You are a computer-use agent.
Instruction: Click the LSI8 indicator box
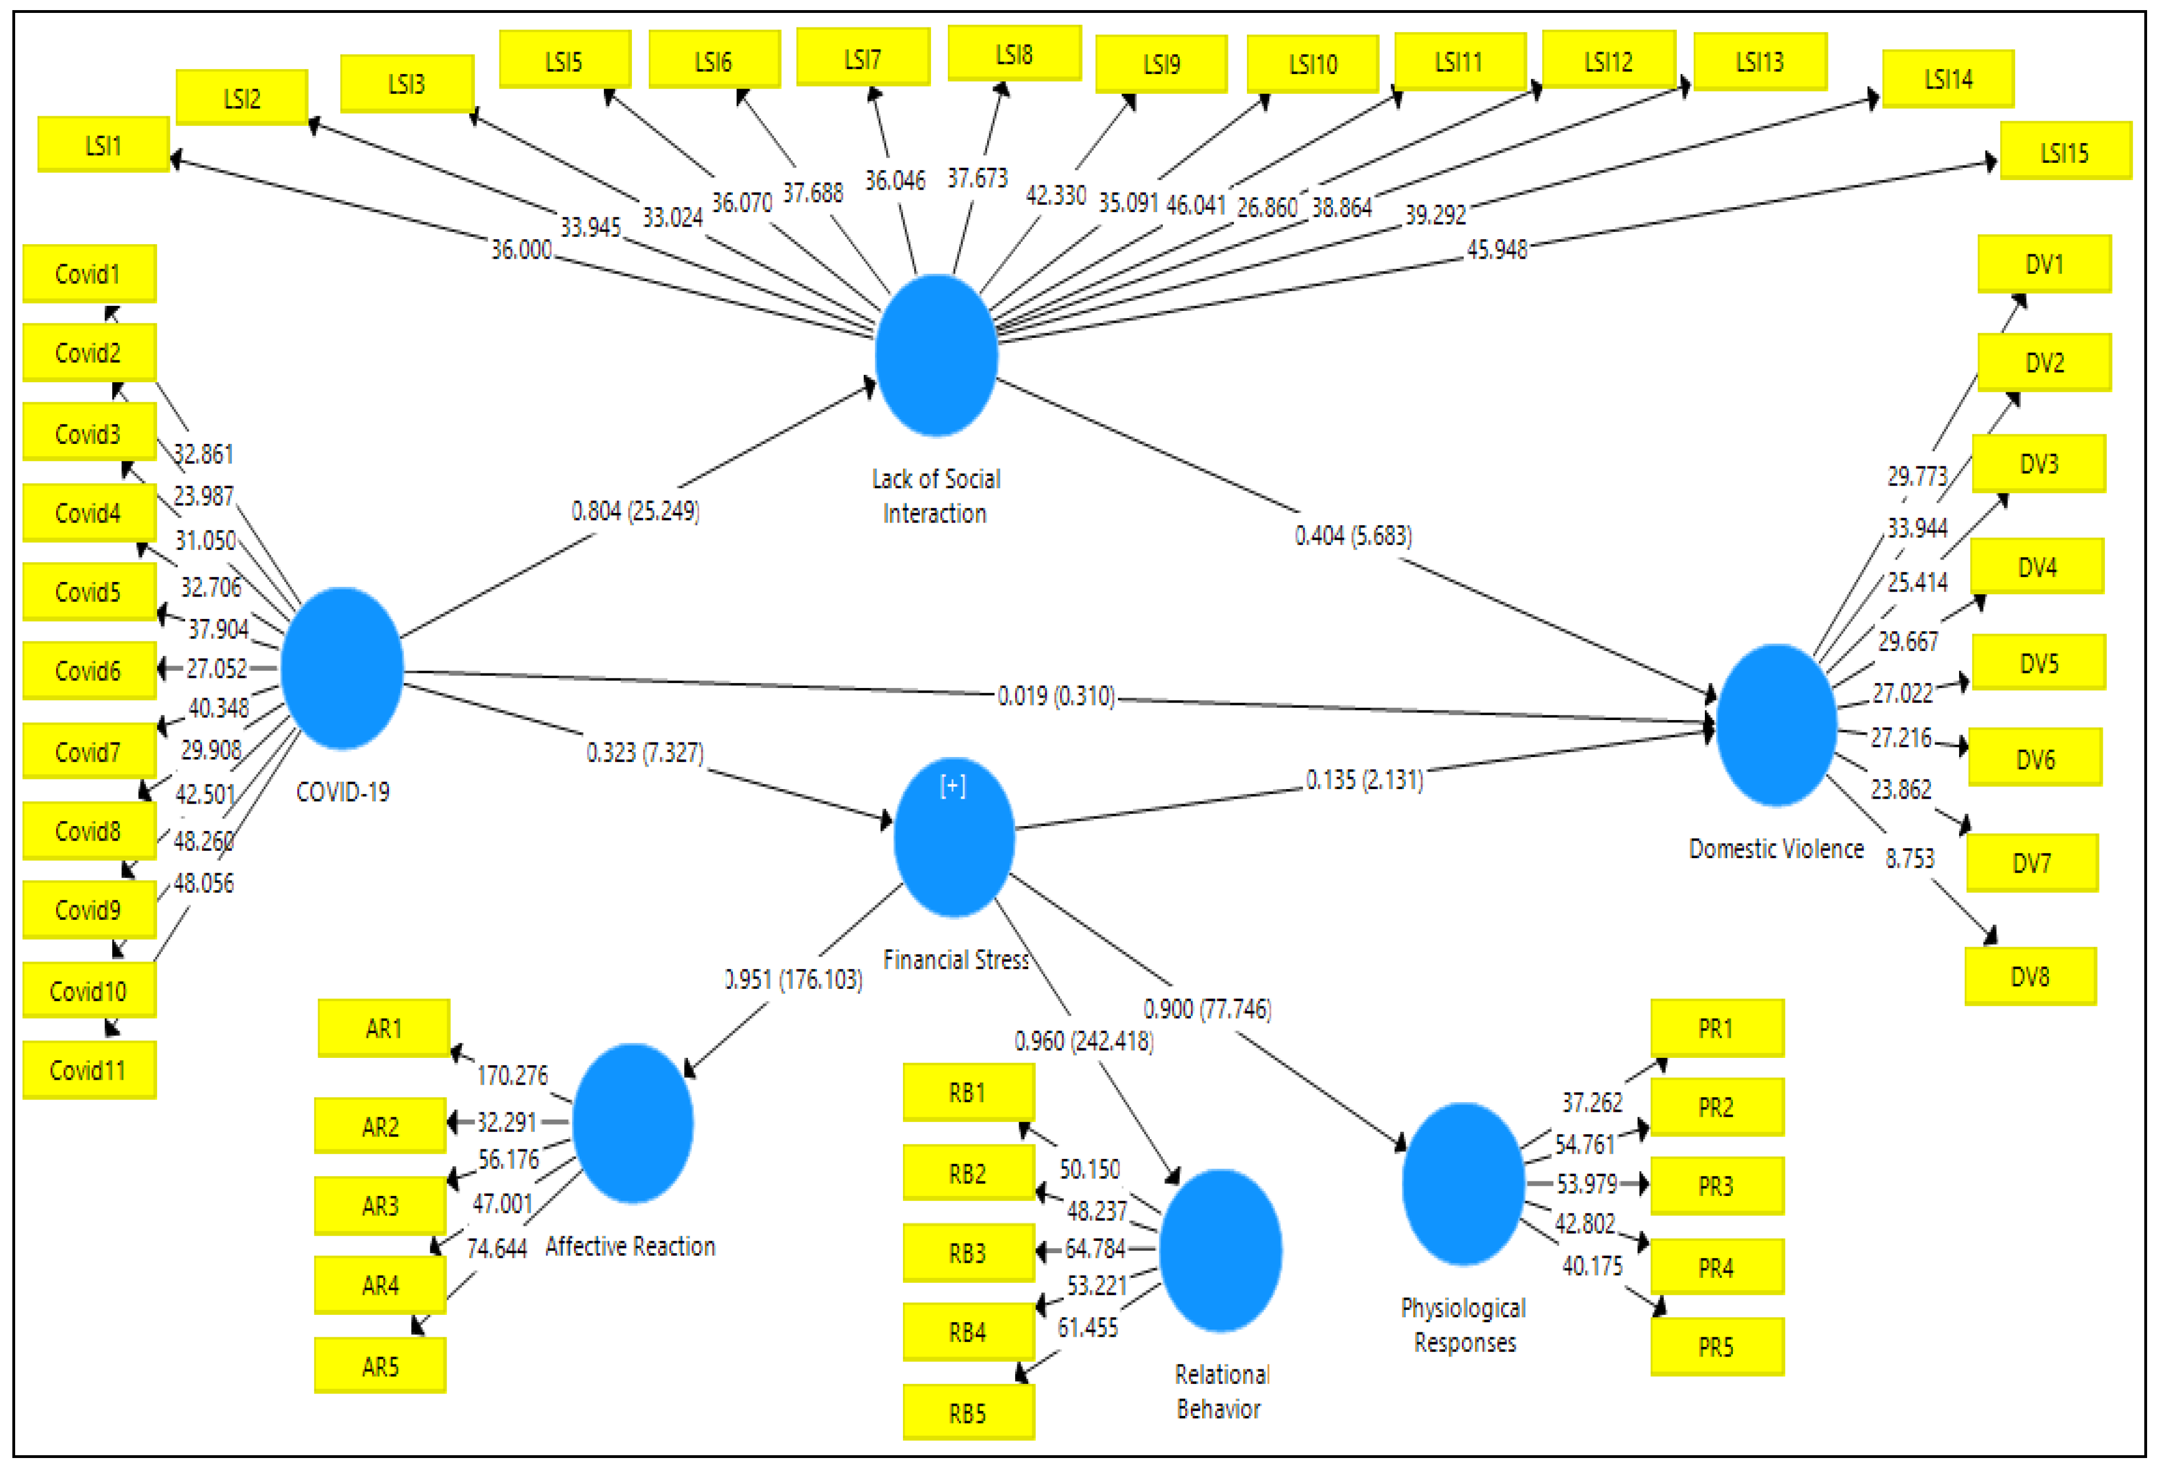(1014, 54)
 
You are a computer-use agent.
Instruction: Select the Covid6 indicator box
(88, 670)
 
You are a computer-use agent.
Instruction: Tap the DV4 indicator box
(2037, 567)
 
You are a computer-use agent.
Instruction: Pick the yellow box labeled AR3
(380, 1206)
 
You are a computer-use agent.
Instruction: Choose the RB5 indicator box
(967, 1413)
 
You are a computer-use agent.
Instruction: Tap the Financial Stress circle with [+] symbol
(953, 837)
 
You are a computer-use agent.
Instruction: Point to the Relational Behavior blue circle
(1221, 1250)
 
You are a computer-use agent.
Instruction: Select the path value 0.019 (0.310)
(1056, 695)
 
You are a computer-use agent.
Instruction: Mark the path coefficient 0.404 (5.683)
(1353, 535)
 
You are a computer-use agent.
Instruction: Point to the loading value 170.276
(512, 1076)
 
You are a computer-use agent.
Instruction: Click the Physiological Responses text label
(1464, 1326)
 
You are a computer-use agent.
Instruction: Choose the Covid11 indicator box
(88, 1071)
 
